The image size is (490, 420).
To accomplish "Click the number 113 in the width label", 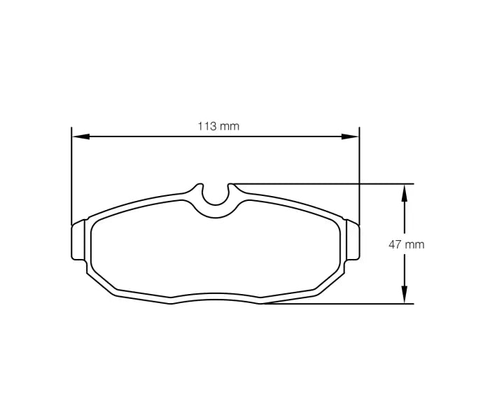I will [x=206, y=127].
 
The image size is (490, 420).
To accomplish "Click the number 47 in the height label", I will [x=395, y=245].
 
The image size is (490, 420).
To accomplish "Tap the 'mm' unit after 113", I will [x=230, y=127].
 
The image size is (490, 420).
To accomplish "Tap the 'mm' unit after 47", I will [x=415, y=245].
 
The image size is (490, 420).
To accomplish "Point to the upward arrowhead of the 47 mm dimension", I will [x=404, y=191].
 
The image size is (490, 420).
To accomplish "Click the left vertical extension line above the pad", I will [x=72, y=175].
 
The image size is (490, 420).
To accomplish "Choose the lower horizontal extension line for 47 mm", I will [x=336, y=304].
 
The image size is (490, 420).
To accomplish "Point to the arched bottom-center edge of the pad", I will [x=216, y=294].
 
